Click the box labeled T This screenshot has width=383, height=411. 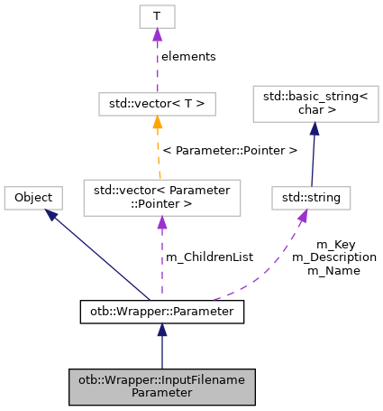(157, 15)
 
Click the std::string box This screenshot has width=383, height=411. (311, 195)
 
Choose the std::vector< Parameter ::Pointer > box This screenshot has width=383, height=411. (161, 198)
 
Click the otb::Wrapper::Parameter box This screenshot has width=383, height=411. (161, 312)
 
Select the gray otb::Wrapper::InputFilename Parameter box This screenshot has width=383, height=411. (161, 387)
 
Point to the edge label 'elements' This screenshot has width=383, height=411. (188, 56)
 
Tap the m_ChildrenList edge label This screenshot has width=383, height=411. (208, 257)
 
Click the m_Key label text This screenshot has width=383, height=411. (334, 245)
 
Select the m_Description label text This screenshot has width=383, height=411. (334, 257)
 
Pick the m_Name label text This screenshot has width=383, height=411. (334, 270)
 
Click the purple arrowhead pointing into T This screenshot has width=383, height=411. (157, 34)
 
